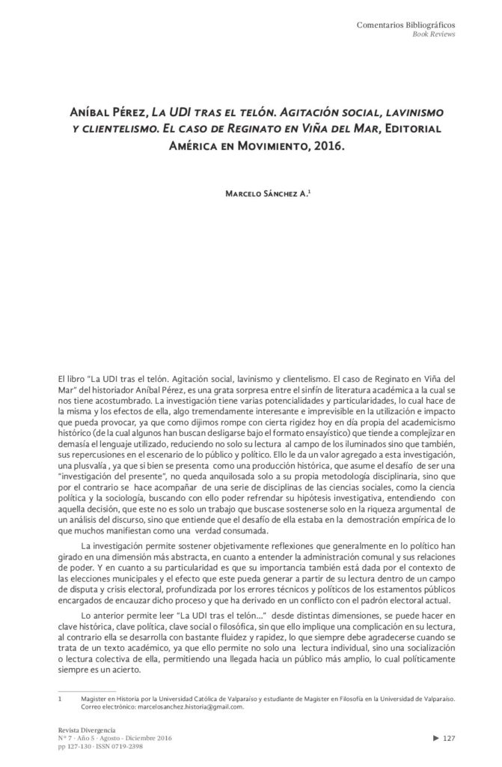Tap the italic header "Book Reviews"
[x=434, y=35]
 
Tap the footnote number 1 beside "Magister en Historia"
[x=59, y=697]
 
